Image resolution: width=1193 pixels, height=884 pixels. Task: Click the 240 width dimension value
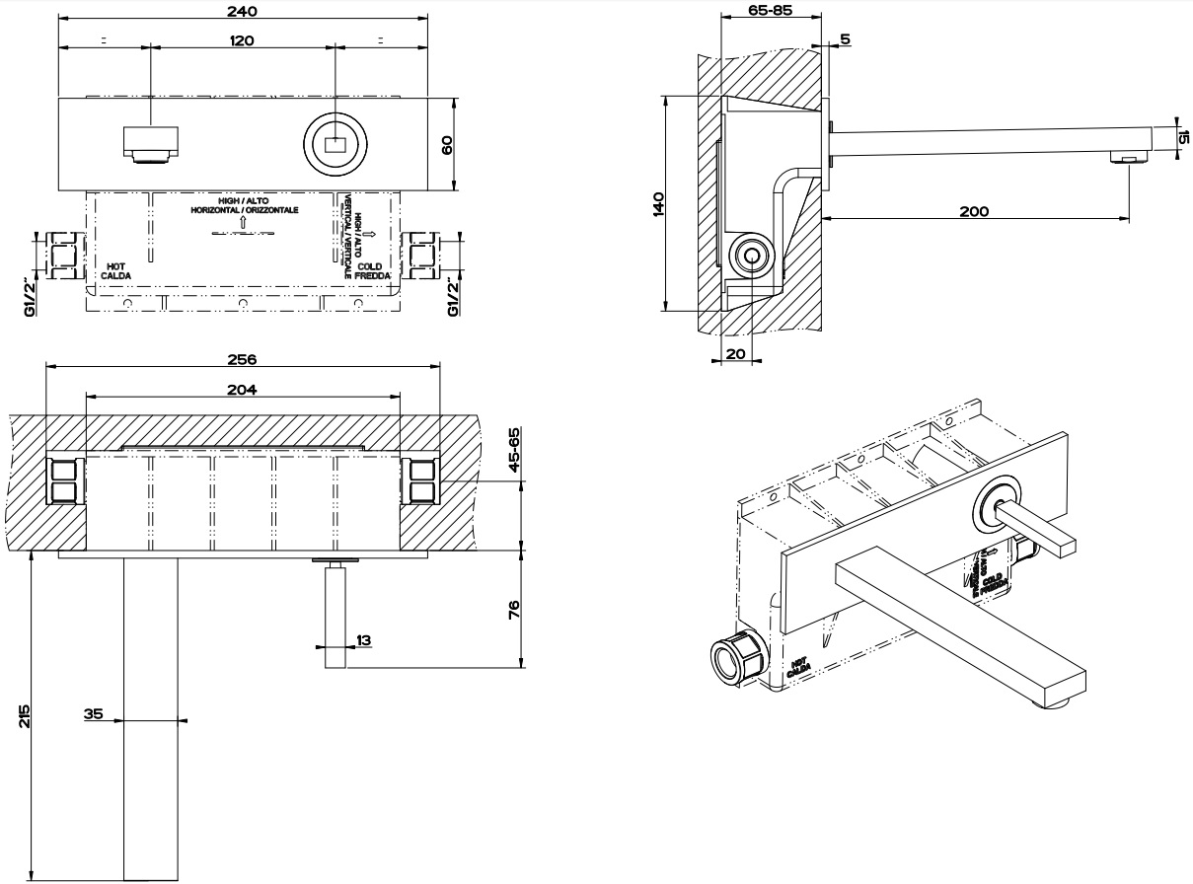tap(242, 11)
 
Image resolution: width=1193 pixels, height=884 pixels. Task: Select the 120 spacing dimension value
tap(242, 40)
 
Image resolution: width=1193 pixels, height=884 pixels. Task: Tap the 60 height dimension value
tap(446, 144)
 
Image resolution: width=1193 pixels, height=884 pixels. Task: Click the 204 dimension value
tap(242, 390)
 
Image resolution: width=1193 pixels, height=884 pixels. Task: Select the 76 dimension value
tap(512, 609)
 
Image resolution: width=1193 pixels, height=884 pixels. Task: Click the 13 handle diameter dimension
tap(363, 640)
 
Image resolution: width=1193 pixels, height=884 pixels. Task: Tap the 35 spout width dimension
tap(94, 712)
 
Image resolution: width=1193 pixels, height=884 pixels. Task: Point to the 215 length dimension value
tap(24, 717)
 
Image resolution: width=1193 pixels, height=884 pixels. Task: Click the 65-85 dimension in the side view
tap(771, 10)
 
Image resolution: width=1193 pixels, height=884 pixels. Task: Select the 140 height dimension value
tap(659, 202)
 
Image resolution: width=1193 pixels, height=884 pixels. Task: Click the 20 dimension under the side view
tap(735, 353)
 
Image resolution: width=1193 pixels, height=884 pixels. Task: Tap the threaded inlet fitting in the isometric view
tap(736, 656)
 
